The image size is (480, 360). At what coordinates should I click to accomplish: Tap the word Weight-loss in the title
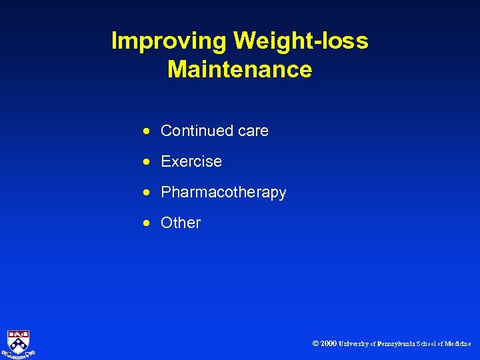point(301,41)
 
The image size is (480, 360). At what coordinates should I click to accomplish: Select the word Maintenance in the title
point(240,69)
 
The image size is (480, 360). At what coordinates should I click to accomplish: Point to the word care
point(253,131)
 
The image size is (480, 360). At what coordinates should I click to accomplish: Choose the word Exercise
point(191,161)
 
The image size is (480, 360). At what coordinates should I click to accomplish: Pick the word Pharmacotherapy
point(223,193)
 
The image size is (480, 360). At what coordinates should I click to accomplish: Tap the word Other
point(181,223)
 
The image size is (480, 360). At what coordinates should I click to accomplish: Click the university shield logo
point(19,340)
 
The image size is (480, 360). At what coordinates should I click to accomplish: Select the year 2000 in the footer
point(329,344)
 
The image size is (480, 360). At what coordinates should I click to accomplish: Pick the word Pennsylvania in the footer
point(398,344)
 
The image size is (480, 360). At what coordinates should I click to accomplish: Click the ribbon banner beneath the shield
point(19,354)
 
